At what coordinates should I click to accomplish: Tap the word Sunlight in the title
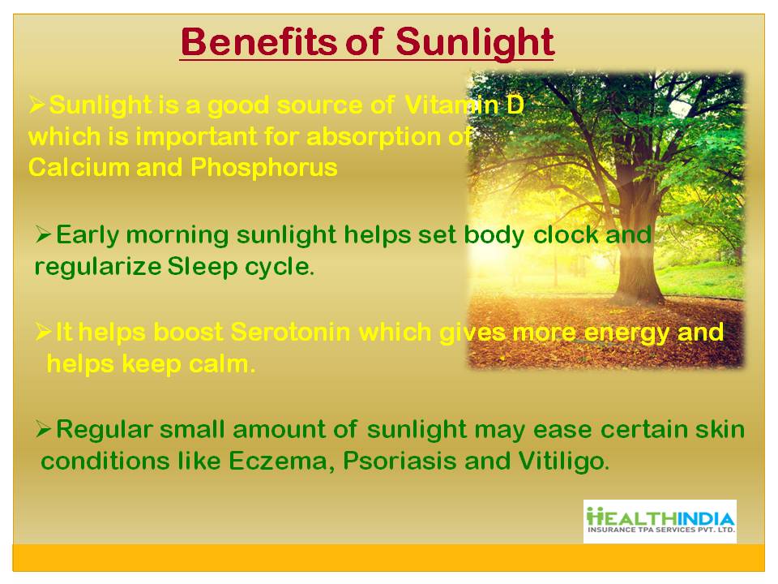pos(475,44)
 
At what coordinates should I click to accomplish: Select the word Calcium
pos(79,167)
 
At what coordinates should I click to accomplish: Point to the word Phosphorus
pos(264,169)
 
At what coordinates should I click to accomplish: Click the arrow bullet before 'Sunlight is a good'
pos(37,105)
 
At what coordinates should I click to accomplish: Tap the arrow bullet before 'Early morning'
pos(43,234)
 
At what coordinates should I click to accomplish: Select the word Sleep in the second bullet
pos(203,267)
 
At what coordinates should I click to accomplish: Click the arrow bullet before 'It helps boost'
pos(43,332)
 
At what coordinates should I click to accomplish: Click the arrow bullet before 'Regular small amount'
pos(43,429)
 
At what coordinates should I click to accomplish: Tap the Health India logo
pos(660,521)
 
